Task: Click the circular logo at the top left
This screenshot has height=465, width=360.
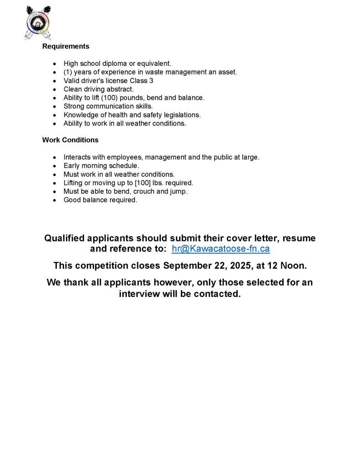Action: click(x=38, y=22)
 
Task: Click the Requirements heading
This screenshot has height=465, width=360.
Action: click(x=66, y=46)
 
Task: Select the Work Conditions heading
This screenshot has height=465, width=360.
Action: click(x=70, y=140)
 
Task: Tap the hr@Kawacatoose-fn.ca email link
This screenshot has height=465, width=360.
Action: click(x=220, y=249)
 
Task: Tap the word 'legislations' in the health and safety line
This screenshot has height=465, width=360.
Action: click(x=181, y=115)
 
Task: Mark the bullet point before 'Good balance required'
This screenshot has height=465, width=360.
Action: click(x=55, y=200)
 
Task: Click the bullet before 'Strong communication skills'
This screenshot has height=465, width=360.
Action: click(x=55, y=107)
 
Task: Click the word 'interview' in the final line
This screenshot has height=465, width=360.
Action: click(x=140, y=294)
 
